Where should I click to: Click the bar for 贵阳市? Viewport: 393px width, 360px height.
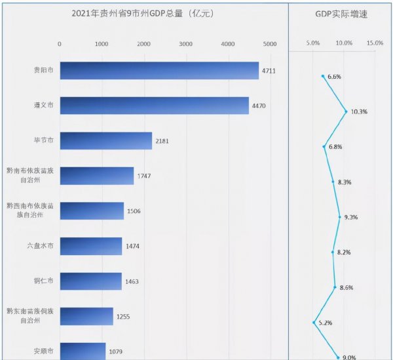click(159, 70)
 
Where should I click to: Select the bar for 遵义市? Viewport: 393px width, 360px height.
click(155, 105)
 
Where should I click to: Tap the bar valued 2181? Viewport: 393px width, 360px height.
click(106, 140)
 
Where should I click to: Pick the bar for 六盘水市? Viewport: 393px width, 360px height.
click(91, 246)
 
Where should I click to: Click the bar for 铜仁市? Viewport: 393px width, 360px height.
click(91, 281)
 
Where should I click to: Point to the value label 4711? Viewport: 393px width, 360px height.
click(269, 71)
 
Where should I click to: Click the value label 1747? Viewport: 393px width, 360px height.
click(145, 176)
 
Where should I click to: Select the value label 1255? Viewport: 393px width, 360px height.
click(124, 317)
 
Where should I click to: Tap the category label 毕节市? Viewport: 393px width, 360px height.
click(44, 140)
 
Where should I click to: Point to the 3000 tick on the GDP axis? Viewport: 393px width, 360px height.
click(185, 44)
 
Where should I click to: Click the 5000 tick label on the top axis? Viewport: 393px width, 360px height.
click(269, 44)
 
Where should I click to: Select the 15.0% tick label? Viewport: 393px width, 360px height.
click(375, 43)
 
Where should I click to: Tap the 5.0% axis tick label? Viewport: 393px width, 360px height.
click(313, 43)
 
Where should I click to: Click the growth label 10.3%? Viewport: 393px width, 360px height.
click(359, 111)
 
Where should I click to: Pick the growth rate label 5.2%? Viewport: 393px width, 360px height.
click(325, 323)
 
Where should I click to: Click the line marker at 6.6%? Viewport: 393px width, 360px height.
click(323, 76)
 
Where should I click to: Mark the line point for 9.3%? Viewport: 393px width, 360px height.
click(340, 216)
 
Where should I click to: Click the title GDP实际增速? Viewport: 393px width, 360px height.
click(341, 13)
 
